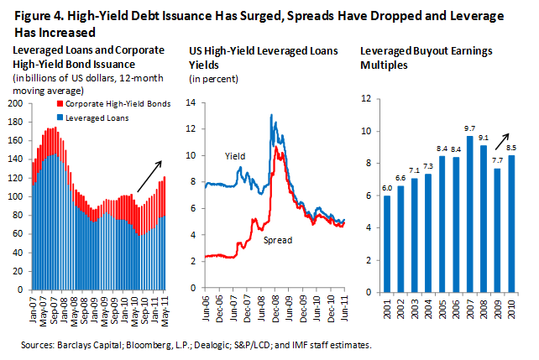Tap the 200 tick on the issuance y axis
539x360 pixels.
tap(15, 103)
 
